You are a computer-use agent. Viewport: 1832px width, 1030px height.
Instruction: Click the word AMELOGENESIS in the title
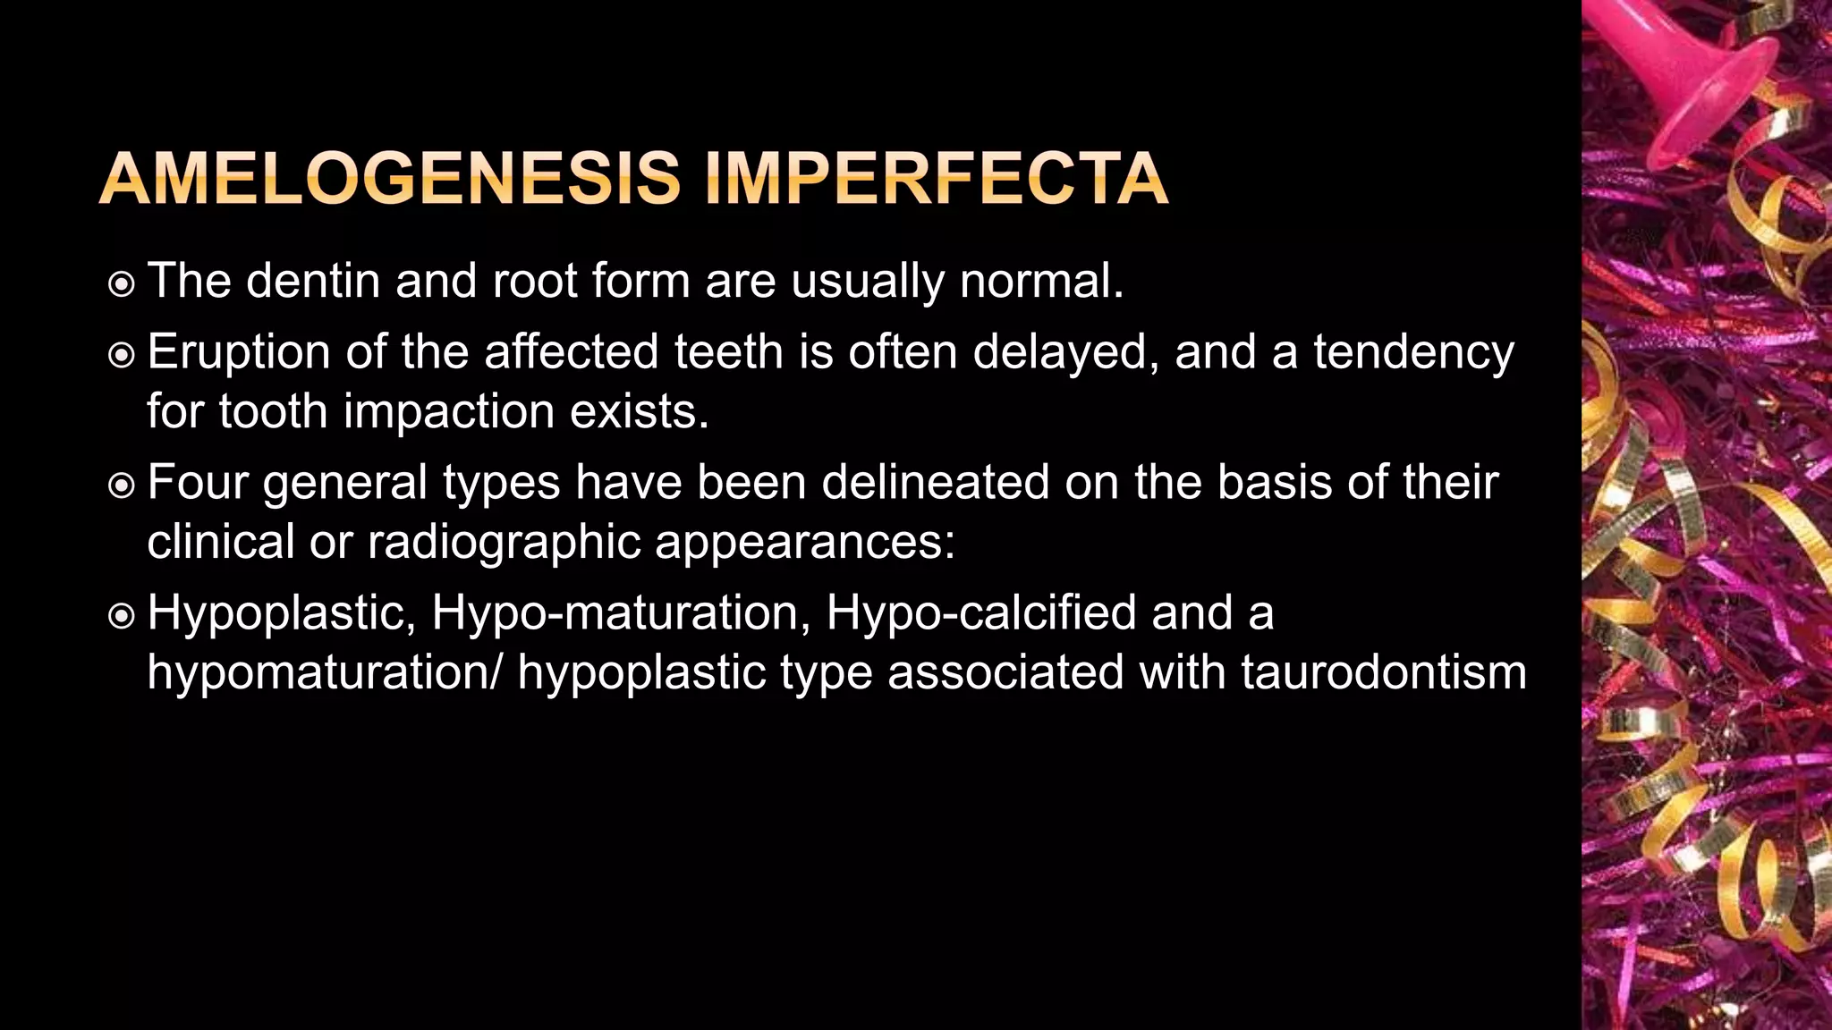(390, 179)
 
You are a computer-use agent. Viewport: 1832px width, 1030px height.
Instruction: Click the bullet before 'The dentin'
(121, 285)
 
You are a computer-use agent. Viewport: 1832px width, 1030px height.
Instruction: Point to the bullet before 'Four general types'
(121, 486)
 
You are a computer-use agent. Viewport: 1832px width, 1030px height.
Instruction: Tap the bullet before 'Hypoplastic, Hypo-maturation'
(121, 617)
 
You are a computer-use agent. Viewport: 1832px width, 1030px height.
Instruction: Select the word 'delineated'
(935, 482)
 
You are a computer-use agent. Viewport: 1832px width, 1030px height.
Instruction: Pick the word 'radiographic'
(504, 542)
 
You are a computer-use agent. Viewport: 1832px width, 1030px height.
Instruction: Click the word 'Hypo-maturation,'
(621, 613)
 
